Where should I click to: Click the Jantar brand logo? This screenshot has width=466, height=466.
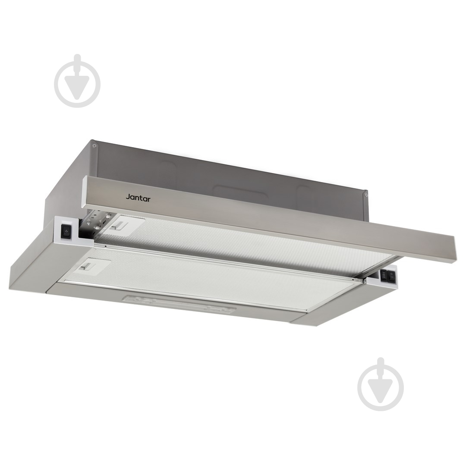[x=138, y=197]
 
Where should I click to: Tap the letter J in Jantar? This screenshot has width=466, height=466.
[x=128, y=197]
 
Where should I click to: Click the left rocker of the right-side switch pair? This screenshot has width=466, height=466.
[x=383, y=275]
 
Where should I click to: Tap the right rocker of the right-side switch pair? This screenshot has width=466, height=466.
[x=391, y=277]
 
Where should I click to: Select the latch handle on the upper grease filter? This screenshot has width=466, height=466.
[x=121, y=225]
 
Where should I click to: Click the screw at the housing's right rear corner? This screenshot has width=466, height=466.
[x=366, y=195]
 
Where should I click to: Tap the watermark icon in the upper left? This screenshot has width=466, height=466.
[x=77, y=81]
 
